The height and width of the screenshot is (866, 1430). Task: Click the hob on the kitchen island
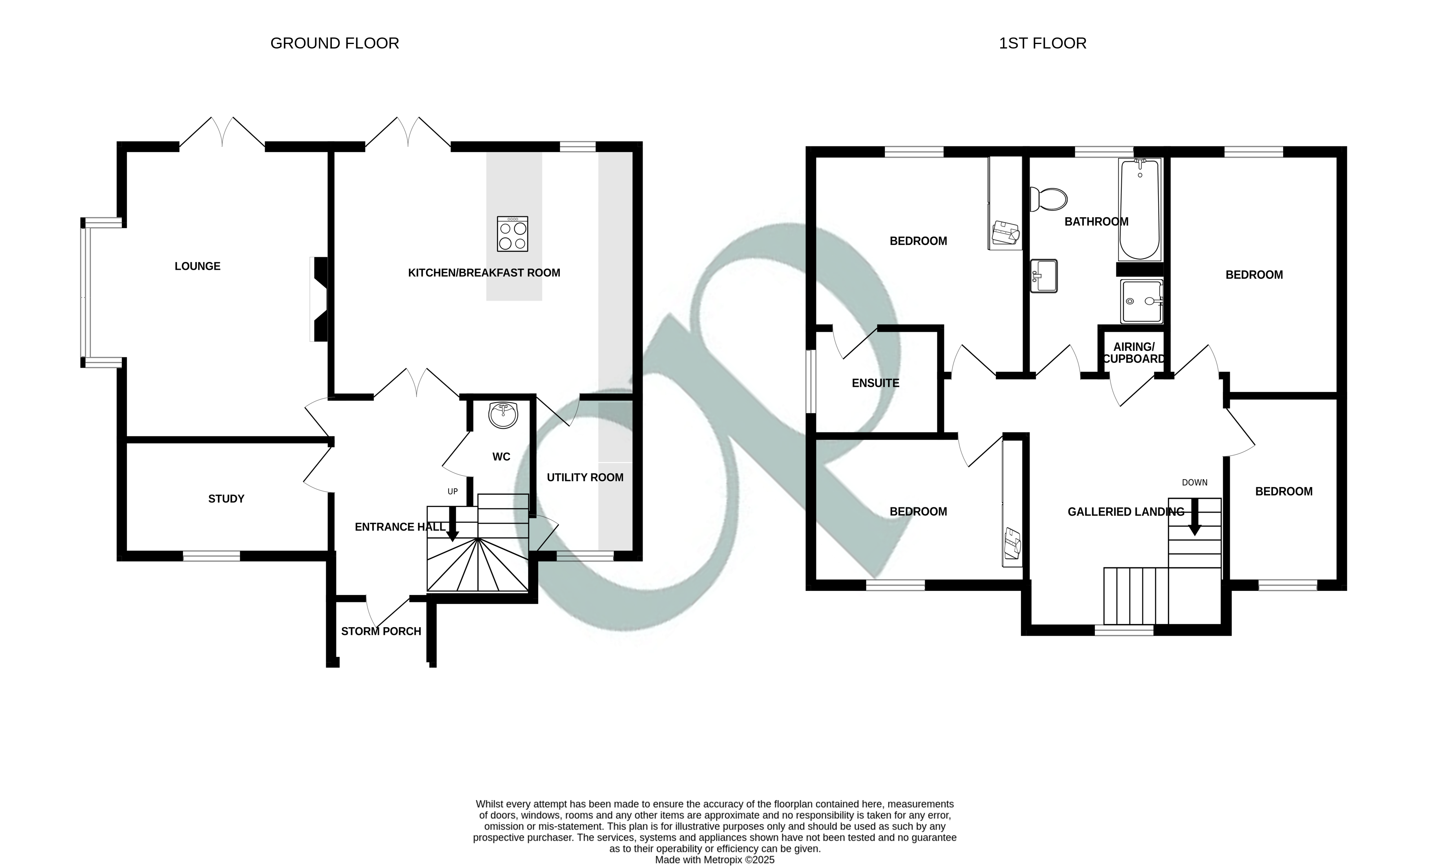513,234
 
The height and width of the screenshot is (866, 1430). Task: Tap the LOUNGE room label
197,266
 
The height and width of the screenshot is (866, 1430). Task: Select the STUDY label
226,499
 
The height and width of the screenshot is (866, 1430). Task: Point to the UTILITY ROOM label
585,477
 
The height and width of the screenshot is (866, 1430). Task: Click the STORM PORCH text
381,631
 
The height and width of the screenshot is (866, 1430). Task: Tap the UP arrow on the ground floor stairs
452,523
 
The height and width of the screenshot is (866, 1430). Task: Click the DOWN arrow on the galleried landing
1194,518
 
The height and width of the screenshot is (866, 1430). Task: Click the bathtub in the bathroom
1140,210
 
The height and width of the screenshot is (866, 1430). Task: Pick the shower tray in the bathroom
1142,301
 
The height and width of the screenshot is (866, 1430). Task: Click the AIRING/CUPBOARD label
1134,353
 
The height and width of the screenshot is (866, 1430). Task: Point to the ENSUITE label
875,383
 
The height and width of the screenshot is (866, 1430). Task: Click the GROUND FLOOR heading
334,44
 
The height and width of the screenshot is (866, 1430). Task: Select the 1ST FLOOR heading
1042,44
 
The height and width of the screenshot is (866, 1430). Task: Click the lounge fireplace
320,299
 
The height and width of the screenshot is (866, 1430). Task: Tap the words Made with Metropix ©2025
714,859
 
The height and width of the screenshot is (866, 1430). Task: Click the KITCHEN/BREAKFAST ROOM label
484,273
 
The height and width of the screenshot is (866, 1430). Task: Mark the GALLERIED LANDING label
1125,511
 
